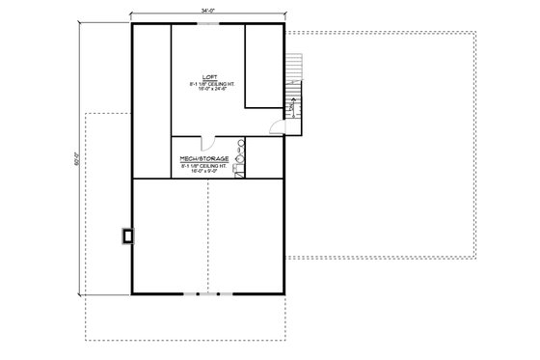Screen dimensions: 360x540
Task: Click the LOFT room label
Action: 208,76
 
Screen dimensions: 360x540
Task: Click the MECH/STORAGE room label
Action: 204,156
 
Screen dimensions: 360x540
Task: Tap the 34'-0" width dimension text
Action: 208,10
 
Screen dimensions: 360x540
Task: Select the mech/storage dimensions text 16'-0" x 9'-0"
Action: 204,172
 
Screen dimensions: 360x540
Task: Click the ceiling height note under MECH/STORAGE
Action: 204,165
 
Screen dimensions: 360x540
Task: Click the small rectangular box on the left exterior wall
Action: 129,235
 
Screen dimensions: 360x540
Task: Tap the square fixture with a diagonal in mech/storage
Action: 241,173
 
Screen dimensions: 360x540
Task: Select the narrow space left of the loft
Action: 151,101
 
